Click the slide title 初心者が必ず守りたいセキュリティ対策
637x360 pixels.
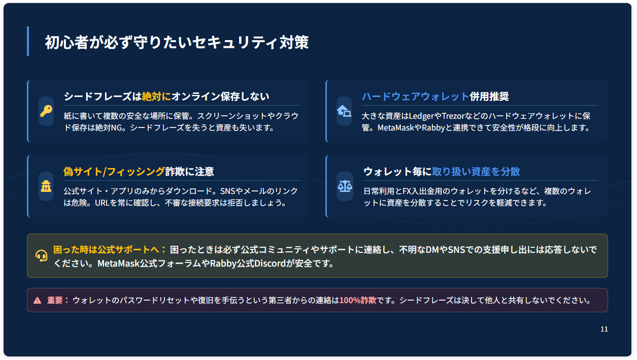point(177,43)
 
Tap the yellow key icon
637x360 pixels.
point(46,111)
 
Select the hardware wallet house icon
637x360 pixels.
point(344,111)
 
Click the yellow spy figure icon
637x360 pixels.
point(46,186)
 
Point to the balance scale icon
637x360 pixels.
point(345,186)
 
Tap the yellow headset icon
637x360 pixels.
point(42,255)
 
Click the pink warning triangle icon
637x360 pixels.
point(38,300)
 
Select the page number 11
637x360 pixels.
point(604,329)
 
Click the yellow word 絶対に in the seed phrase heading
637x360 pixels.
point(156,96)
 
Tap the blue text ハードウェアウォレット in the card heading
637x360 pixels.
point(415,96)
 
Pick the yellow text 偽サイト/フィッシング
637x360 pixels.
point(114,172)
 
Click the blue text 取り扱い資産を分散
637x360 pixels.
point(476,172)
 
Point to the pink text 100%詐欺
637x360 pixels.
point(358,300)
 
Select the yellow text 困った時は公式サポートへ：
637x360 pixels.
point(110,250)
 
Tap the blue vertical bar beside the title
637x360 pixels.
point(28,41)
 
